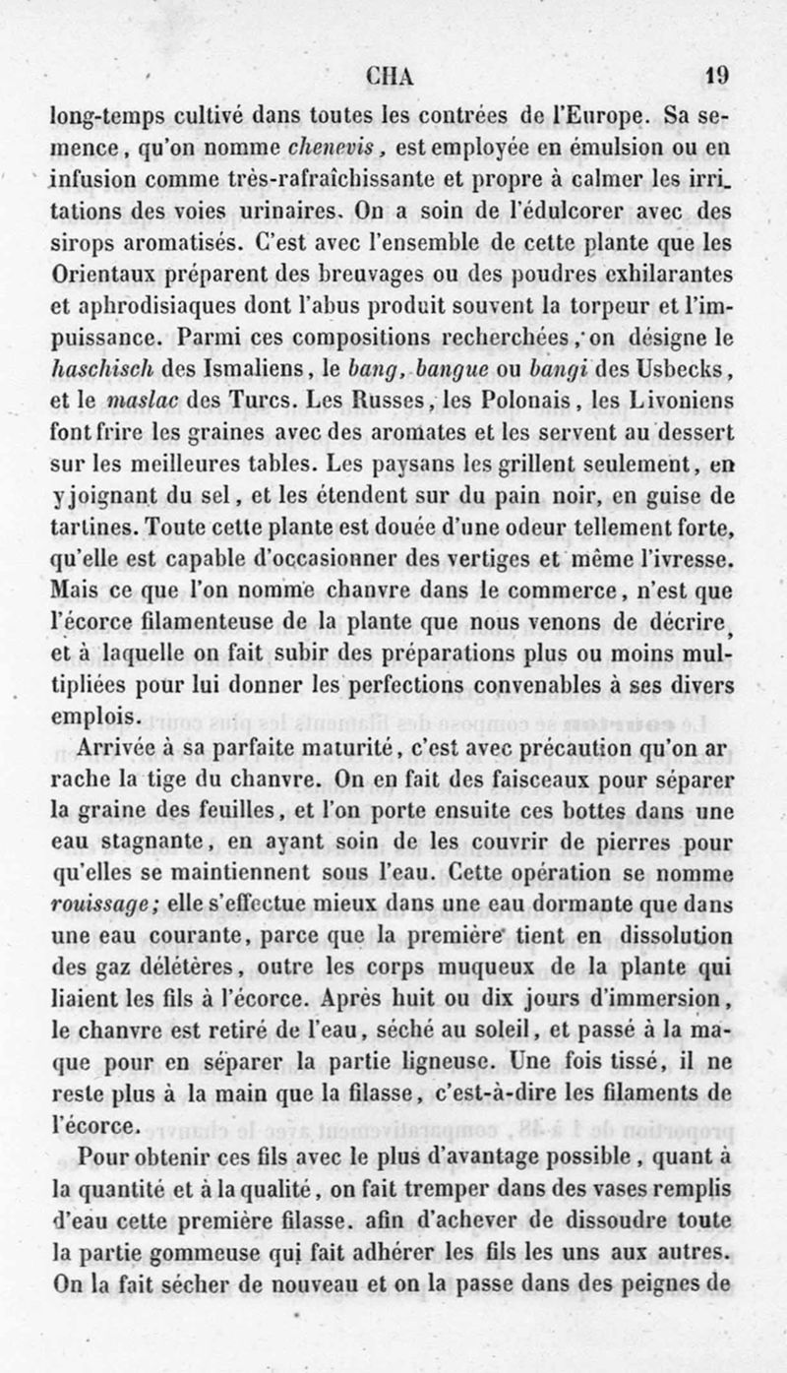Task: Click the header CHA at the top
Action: click(390, 76)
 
